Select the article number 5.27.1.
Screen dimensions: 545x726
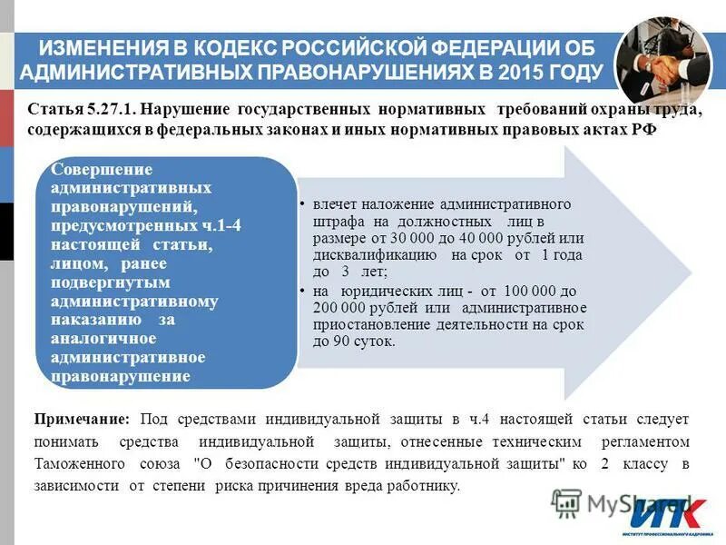pyautogui.click(x=108, y=110)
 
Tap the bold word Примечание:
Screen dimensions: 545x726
pyautogui.click(x=83, y=419)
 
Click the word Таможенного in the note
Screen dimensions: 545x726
pyautogui.click(x=77, y=463)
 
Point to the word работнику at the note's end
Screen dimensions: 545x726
pyautogui.click(x=427, y=486)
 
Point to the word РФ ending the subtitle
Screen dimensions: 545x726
pyautogui.click(x=641, y=130)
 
